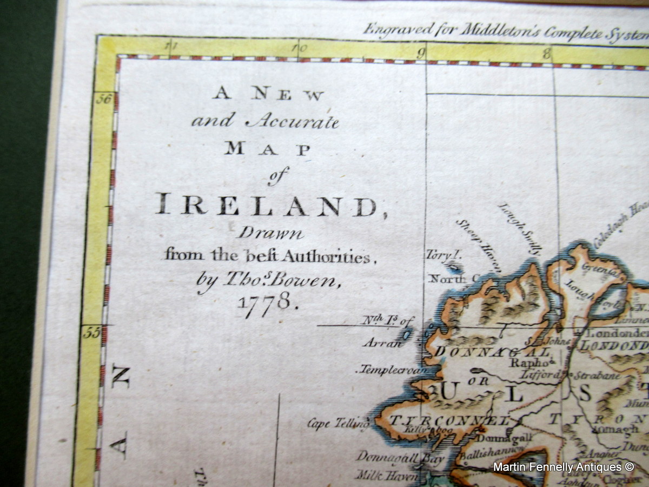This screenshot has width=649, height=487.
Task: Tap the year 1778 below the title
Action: [x=267, y=300]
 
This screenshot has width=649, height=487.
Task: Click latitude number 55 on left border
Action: [x=92, y=332]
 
